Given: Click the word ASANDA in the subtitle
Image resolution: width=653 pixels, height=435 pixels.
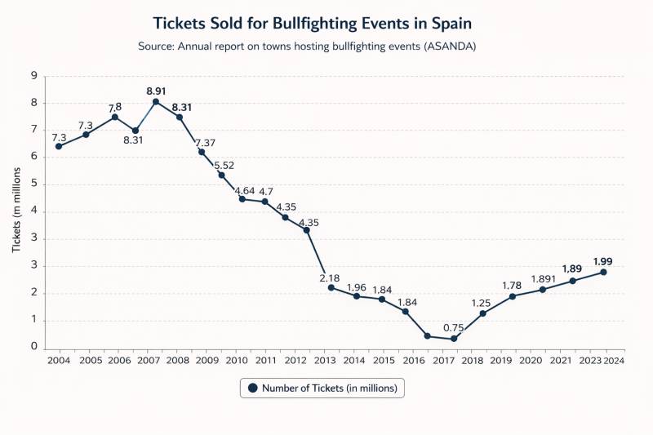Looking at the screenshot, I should [448, 47].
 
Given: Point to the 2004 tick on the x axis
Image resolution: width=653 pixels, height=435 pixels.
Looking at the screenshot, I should [58, 360].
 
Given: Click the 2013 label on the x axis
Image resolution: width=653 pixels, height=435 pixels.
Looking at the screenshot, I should [325, 360].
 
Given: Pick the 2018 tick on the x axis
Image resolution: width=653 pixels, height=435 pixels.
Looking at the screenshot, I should [473, 360].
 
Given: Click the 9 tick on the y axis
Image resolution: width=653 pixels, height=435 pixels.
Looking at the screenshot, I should [34, 76].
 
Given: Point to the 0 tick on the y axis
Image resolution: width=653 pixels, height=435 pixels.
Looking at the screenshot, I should [34, 347].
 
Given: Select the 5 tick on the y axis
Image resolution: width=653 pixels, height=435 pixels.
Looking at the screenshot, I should [34, 184].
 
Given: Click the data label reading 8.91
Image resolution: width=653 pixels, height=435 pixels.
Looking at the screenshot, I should [158, 91].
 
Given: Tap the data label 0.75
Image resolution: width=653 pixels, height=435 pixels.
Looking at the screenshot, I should [454, 328].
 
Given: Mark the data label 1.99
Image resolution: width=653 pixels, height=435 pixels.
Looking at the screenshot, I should [603, 262].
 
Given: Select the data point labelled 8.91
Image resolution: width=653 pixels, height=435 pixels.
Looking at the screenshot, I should [156, 101].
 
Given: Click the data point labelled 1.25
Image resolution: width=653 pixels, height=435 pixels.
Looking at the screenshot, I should [482, 313].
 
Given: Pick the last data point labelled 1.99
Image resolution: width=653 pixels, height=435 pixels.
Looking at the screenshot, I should [603, 272].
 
